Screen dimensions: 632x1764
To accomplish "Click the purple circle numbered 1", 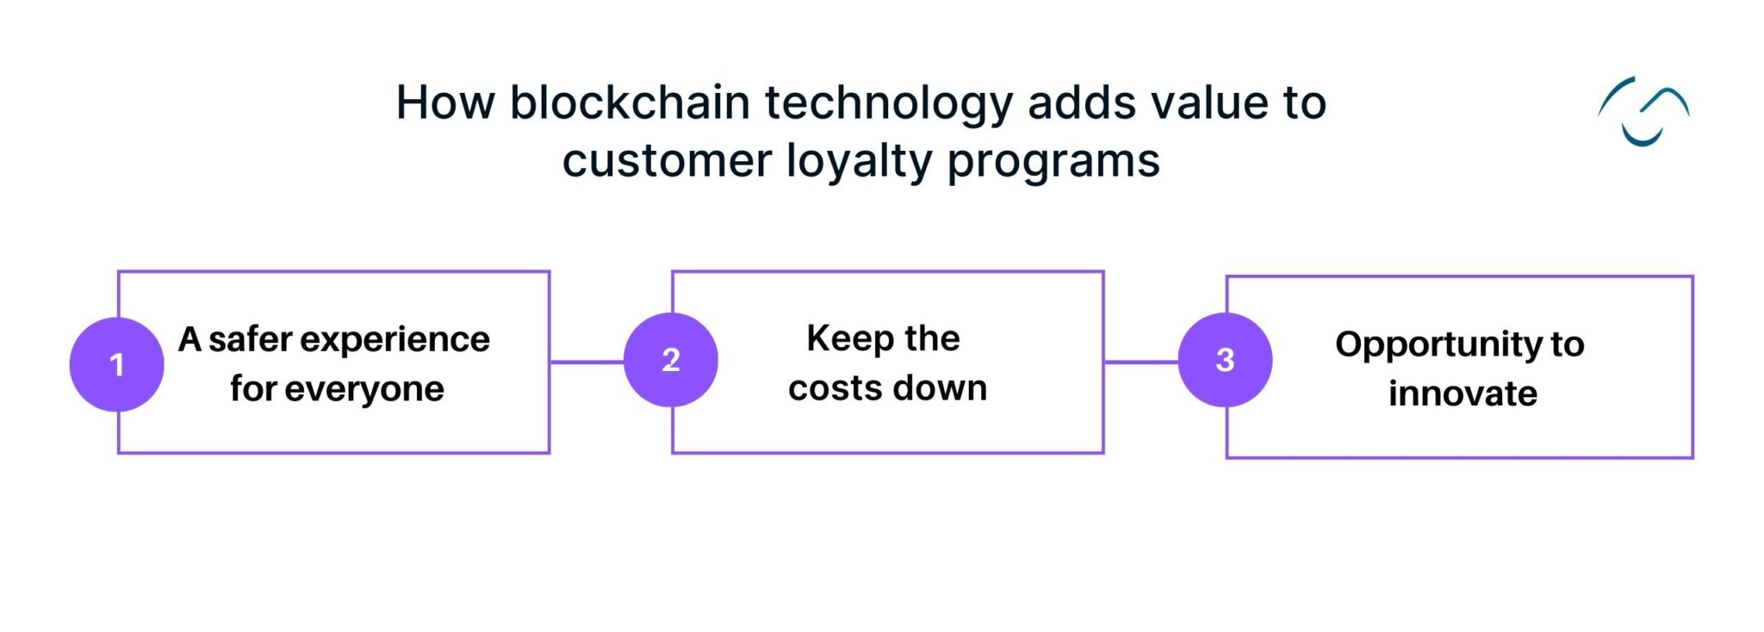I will click(x=116, y=364).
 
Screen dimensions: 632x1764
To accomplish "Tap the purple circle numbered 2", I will click(x=670, y=360).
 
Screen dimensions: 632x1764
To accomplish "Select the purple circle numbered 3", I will click(x=1224, y=360).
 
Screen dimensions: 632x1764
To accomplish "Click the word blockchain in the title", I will click(x=630, y=102).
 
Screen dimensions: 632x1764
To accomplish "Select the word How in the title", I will click(x=444, y=102).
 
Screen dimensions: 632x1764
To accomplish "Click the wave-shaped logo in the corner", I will click(x=1643, y=112).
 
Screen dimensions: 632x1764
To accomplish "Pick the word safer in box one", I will click(x=250, y=339).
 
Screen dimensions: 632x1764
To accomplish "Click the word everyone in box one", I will click(x=364, y=390).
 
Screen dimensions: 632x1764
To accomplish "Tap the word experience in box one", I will click(x=396, y=341).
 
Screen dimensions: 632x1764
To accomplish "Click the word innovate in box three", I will click(x=1463, y=393).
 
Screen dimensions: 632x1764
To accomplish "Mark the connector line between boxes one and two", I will click(x=587, y=362).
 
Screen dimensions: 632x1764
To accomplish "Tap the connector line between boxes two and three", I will click(x=1140, y=362).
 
